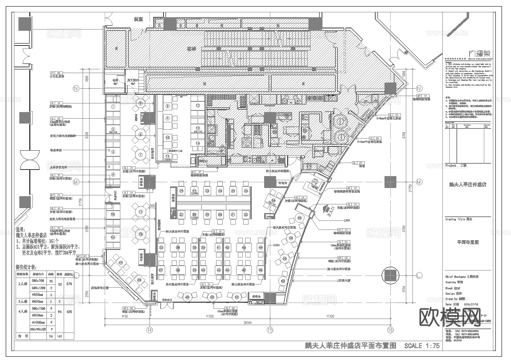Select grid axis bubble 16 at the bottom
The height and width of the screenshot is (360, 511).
pyautogui.click(x=390, y=330)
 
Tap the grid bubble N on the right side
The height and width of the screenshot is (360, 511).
pyautogui.click(x=419, y=89)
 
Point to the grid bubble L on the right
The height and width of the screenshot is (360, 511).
pyautogui.click(x=419, y=275)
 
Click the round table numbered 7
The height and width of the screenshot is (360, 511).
pyautogui.click(x=140, y=155)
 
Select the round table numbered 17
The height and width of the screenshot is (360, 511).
pyautogui.click(x=140, y=212)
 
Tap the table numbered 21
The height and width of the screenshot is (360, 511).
pyautogui.click(x=182, y=191)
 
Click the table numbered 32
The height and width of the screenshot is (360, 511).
pyautogui.click(x=246, y=214)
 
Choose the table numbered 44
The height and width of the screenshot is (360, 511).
pyautogui.click(x=260, y=248)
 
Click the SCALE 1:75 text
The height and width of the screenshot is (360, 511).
pyautogui.click(x=422, y=346)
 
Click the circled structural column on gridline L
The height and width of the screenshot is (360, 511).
pyautogui.click(x=390, y=275)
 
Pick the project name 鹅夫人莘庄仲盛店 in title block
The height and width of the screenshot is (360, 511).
pyautogui.click(x=468, y=185)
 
